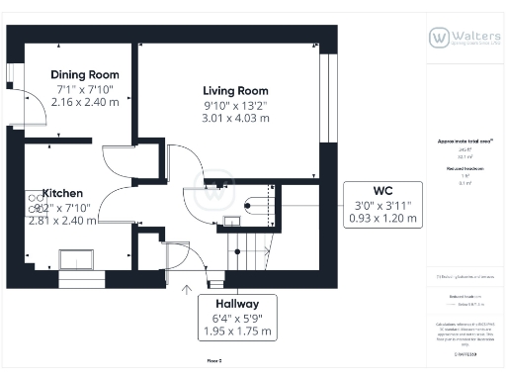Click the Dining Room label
click(85, 74)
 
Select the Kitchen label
click(62, 193)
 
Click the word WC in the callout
click(384, 190)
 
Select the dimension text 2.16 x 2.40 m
click(85, 102)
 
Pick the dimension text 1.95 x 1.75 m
click(236, 332)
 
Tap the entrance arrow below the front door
click(188, 290)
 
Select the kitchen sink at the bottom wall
click(77, 259)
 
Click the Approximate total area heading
click(464, 141)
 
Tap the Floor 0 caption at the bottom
click(213, 362)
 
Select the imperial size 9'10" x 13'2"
click(235, 105)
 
